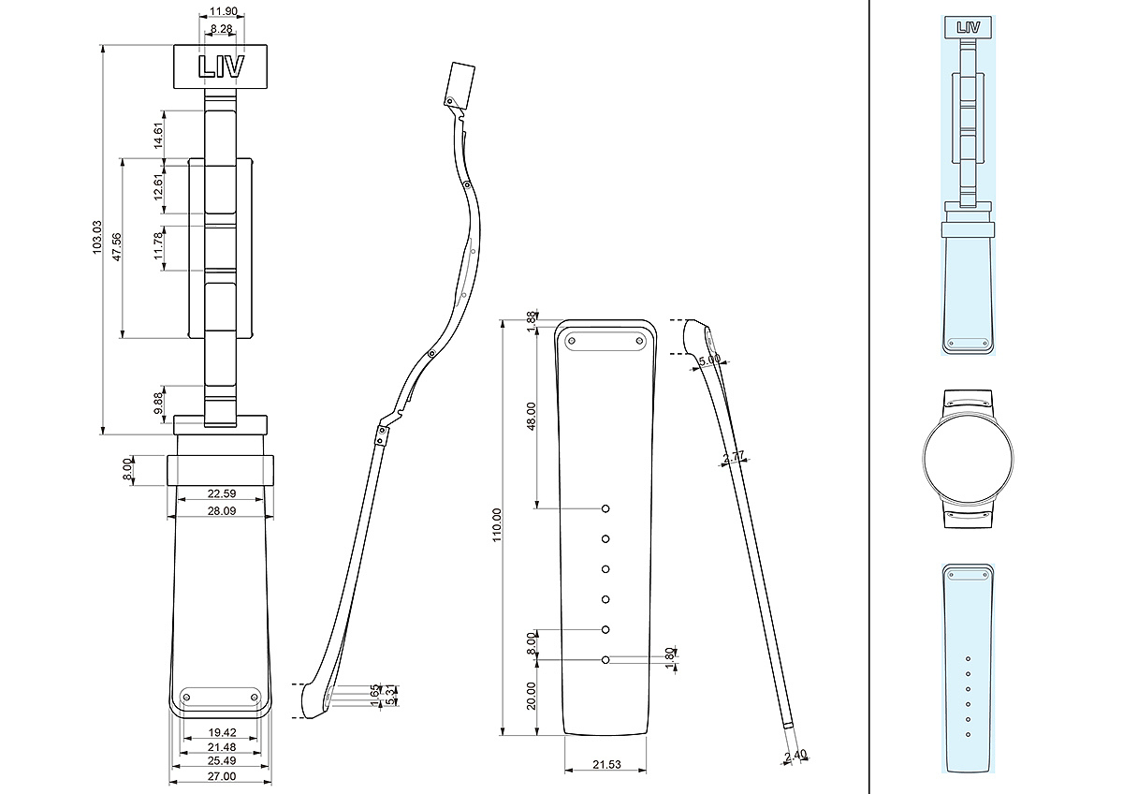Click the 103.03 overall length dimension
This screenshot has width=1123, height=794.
click(x=96, y=237)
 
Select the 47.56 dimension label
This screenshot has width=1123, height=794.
click(x=117, y=247)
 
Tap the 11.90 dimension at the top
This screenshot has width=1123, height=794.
click(x=224, y=11)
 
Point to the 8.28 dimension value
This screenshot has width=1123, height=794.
click(x=221, y=29)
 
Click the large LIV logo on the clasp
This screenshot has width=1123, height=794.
click(x=221, y=66)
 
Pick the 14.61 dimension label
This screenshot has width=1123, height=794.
click(x=158, y=136)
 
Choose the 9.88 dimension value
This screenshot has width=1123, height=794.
click(x=158, y=403)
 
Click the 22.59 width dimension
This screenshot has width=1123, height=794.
click(x=222, y=493)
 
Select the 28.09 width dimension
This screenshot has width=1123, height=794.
click(x=222, y=510)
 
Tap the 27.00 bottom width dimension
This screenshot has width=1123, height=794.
click(x=222, y=776)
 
